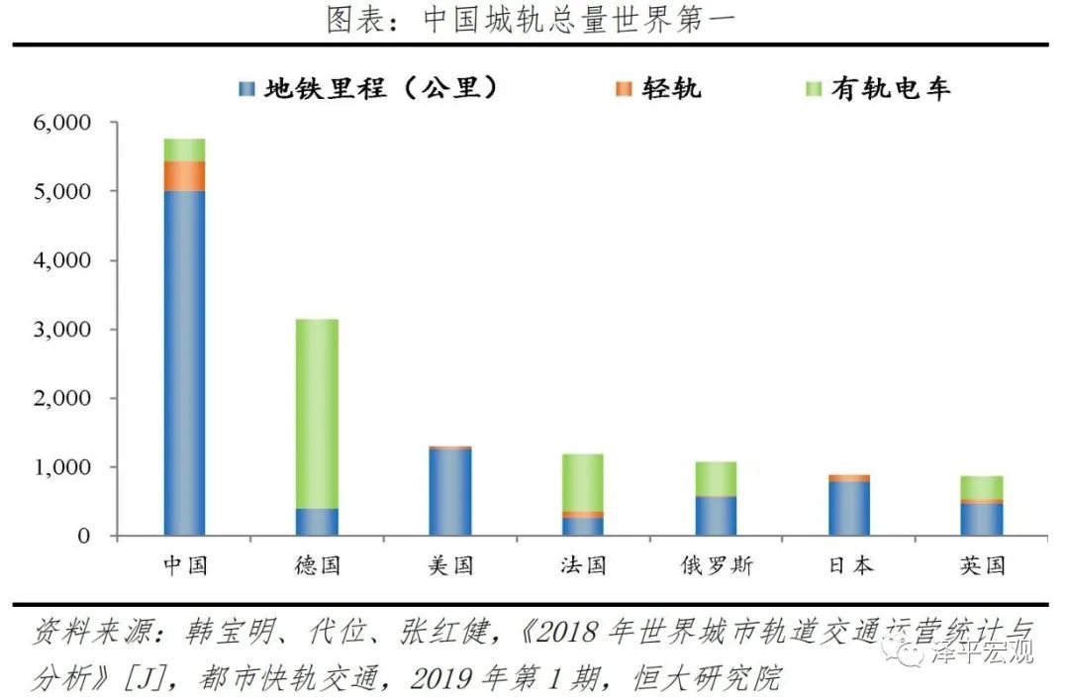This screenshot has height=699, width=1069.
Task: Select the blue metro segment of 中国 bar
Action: coord(184,361)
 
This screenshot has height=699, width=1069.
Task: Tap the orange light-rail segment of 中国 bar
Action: coord(184,175)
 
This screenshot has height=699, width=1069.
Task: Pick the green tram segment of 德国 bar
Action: coord(317,413)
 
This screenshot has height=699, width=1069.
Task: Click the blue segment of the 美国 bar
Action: coord(450,492)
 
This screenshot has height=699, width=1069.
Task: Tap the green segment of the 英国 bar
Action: coord(982,487)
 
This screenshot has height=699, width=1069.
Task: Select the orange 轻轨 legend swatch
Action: coord(623,89)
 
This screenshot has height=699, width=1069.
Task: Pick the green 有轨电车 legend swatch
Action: coord(812,89)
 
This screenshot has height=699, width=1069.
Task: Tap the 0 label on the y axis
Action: coord(84,536)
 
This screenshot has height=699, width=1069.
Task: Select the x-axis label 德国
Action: coord(317,565)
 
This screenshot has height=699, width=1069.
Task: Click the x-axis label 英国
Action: coord(982,565)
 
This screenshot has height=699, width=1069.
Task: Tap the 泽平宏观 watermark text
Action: coord(982,651)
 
